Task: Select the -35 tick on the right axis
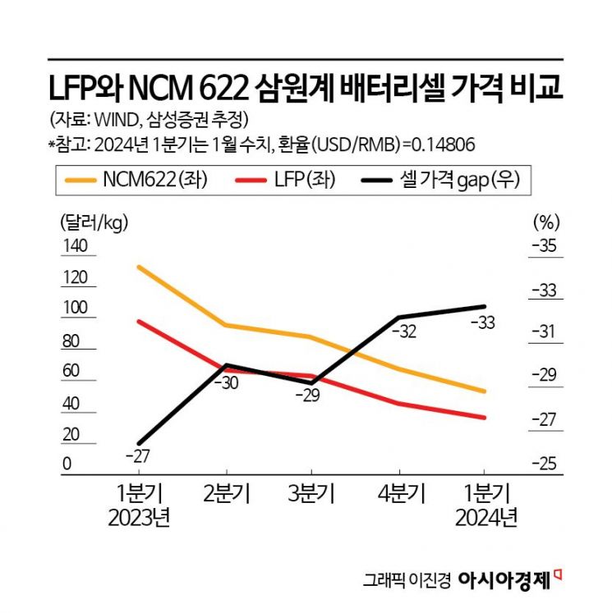pyautogui.click(x=544, y=246)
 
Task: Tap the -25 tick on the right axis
pyautogui.click(x=544, y=464)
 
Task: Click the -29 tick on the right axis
pyautogui.click(x=544, y=375)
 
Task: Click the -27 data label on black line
pyautogui.click(x=137, y=456)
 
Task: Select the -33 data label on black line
pyautogui.click(x=482, y=323)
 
